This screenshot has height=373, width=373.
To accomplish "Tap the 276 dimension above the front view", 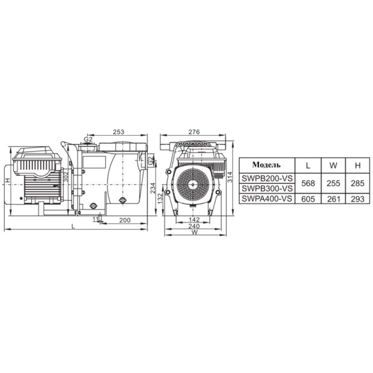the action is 194,132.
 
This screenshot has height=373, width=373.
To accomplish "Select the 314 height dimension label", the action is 230,177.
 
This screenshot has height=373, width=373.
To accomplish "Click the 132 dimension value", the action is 160,198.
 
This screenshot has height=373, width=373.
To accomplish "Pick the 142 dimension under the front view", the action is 194,219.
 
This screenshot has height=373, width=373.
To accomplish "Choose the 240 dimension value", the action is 194,226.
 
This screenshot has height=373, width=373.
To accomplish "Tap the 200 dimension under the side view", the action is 125,220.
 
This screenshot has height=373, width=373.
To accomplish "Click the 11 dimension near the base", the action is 96,219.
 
